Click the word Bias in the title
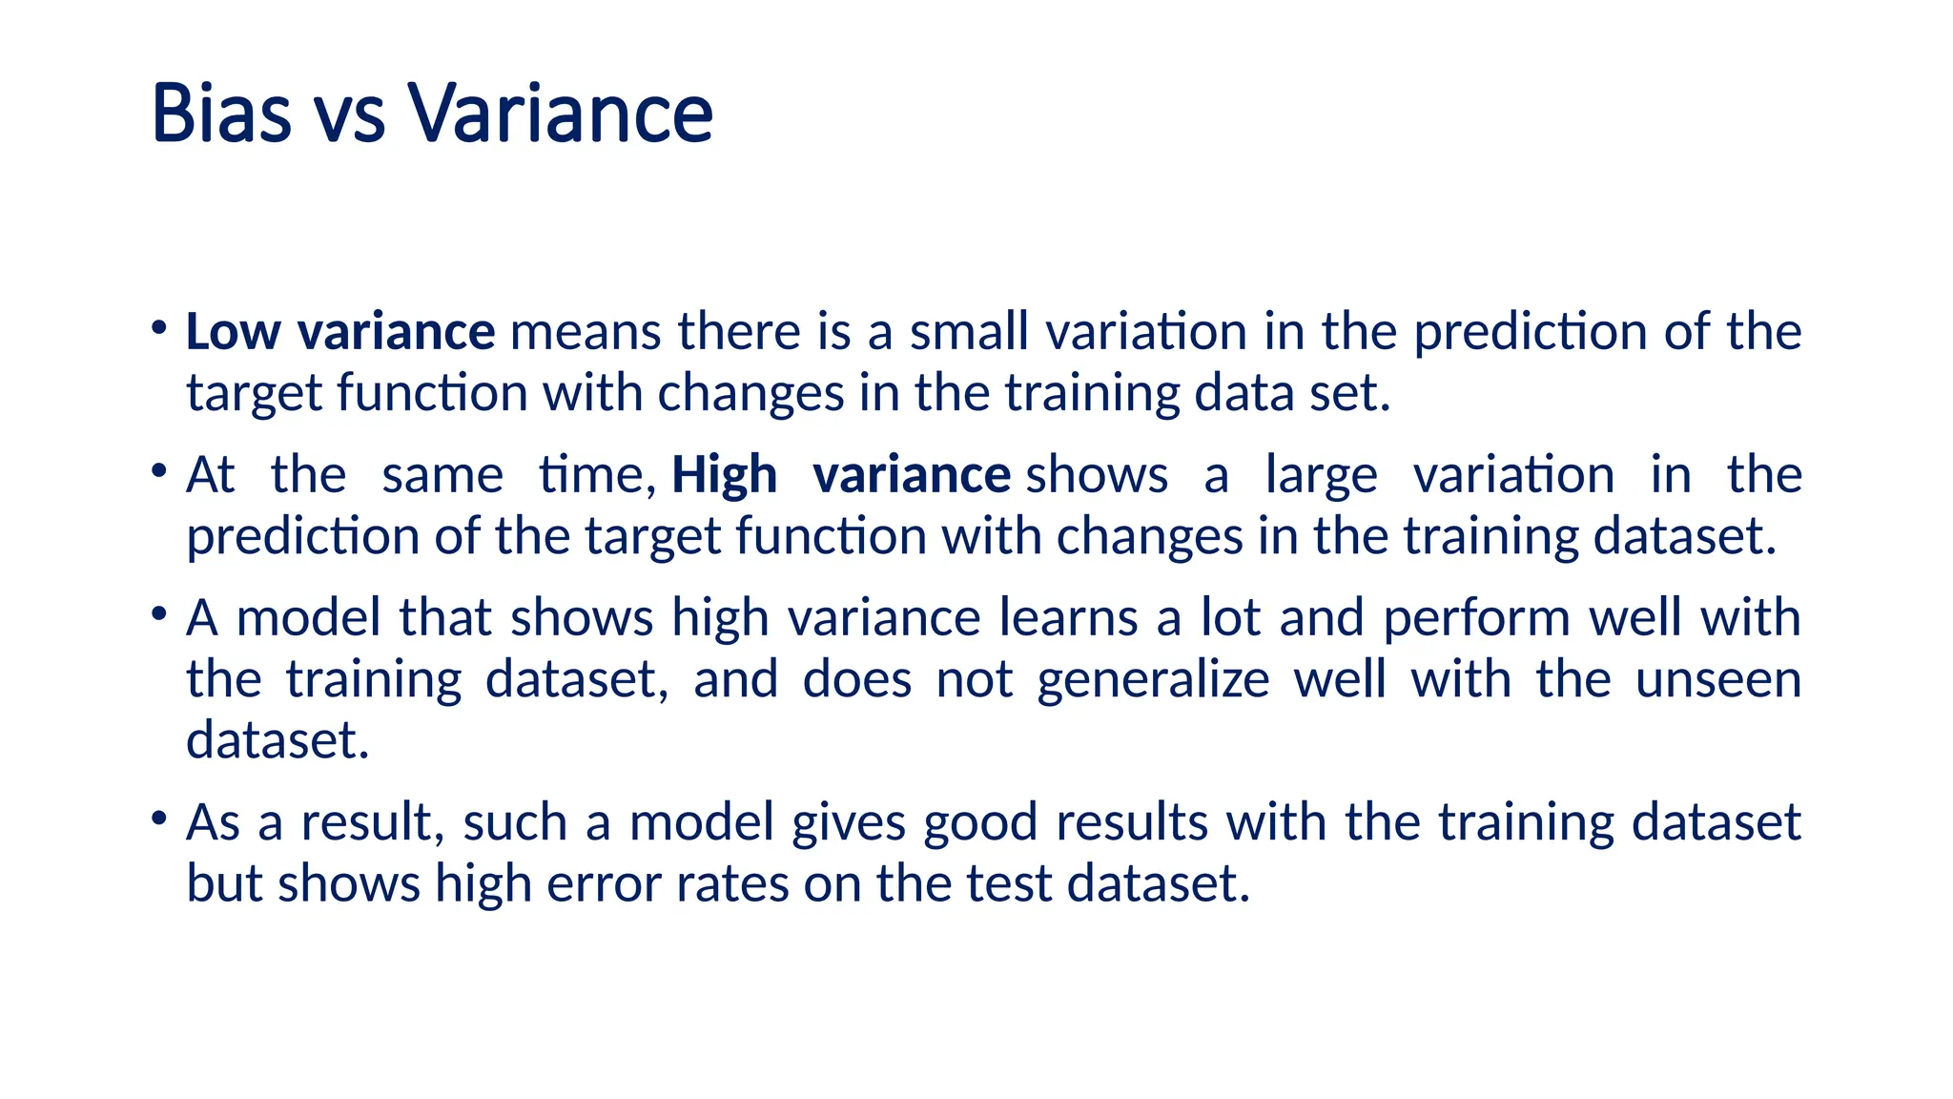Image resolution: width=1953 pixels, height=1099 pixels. [221, 114]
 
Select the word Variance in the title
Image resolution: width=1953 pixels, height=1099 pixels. [562, 114]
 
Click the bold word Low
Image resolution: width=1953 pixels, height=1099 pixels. [233, 332]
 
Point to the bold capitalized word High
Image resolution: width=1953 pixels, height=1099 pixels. [725, 475]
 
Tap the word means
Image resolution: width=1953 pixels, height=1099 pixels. [586, 332]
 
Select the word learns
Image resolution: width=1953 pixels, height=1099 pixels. [1068, 617]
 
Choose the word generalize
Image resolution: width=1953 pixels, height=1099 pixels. [1153, 681]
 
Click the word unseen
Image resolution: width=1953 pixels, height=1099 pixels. [1717, 679]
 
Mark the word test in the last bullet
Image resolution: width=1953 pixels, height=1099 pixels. [1009, 883]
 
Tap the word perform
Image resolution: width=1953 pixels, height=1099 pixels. [1476, 619]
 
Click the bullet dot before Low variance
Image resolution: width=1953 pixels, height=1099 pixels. [158, 327]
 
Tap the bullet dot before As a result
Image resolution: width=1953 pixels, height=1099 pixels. [158, 818]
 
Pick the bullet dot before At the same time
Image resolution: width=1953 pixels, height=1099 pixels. [158, 470]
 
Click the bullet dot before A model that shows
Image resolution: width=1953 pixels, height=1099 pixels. [158, 612]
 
